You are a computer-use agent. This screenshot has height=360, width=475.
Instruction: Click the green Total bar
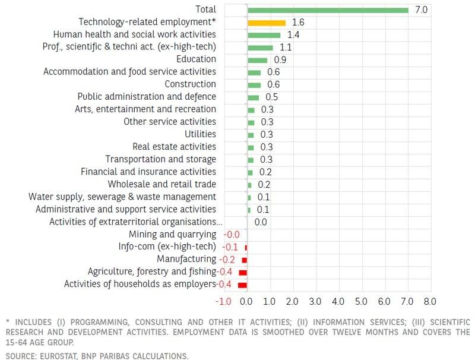[x=328, y=10]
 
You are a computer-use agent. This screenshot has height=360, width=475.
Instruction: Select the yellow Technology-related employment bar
[x=267, y=23]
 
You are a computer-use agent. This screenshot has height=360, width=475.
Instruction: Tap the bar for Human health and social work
[x=264, y=35]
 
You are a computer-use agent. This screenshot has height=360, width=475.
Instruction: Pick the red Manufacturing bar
[x=244, y=260]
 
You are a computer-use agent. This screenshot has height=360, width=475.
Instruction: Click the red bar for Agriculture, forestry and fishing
[x=243, y=272]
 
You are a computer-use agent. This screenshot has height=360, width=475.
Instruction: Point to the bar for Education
[x=258, y=60]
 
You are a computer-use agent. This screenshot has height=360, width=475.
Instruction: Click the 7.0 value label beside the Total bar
[x=421, y=10]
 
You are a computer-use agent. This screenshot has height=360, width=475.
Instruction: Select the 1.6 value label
[x=298, y=23]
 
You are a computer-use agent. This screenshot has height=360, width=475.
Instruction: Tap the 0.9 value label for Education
[x=279, y=60]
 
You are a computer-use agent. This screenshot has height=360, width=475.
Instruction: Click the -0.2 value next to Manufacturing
[x=227, y=260]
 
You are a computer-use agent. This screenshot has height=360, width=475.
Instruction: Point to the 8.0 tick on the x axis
[x=429, y=301]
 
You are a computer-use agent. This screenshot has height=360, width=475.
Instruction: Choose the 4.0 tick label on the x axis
[x=338, y=301]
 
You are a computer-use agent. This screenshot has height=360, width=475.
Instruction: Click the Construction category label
[x=190, y=84]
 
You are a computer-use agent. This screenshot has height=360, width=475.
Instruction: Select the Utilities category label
[x=200, y=134]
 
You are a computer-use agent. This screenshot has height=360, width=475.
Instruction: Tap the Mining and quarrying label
[x=172, y=235]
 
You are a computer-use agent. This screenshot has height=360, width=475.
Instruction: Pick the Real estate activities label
[x=174, y=147]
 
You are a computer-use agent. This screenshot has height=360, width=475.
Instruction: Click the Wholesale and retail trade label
[x=161, y=184]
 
